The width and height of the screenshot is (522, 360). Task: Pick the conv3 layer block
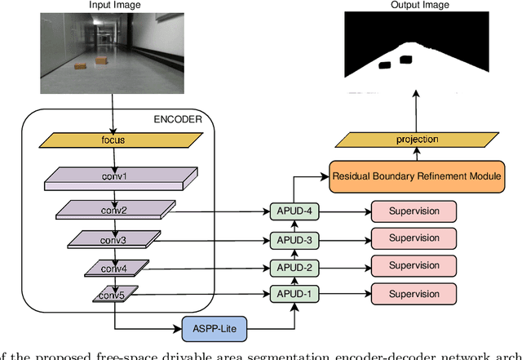pyautogui.click(x=113, y=239)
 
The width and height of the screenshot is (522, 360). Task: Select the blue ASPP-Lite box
pyautogui.click(x=213, y=329)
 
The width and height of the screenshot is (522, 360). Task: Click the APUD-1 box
pyautogui.click(x=292, y=294)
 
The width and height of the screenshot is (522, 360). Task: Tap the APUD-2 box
pyautogui.click(x=292, y=267)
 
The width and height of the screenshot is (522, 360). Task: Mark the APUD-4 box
pyautogui.click(x=292, y=211)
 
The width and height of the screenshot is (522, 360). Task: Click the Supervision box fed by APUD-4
pyautogui.click(x=414, y=211)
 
